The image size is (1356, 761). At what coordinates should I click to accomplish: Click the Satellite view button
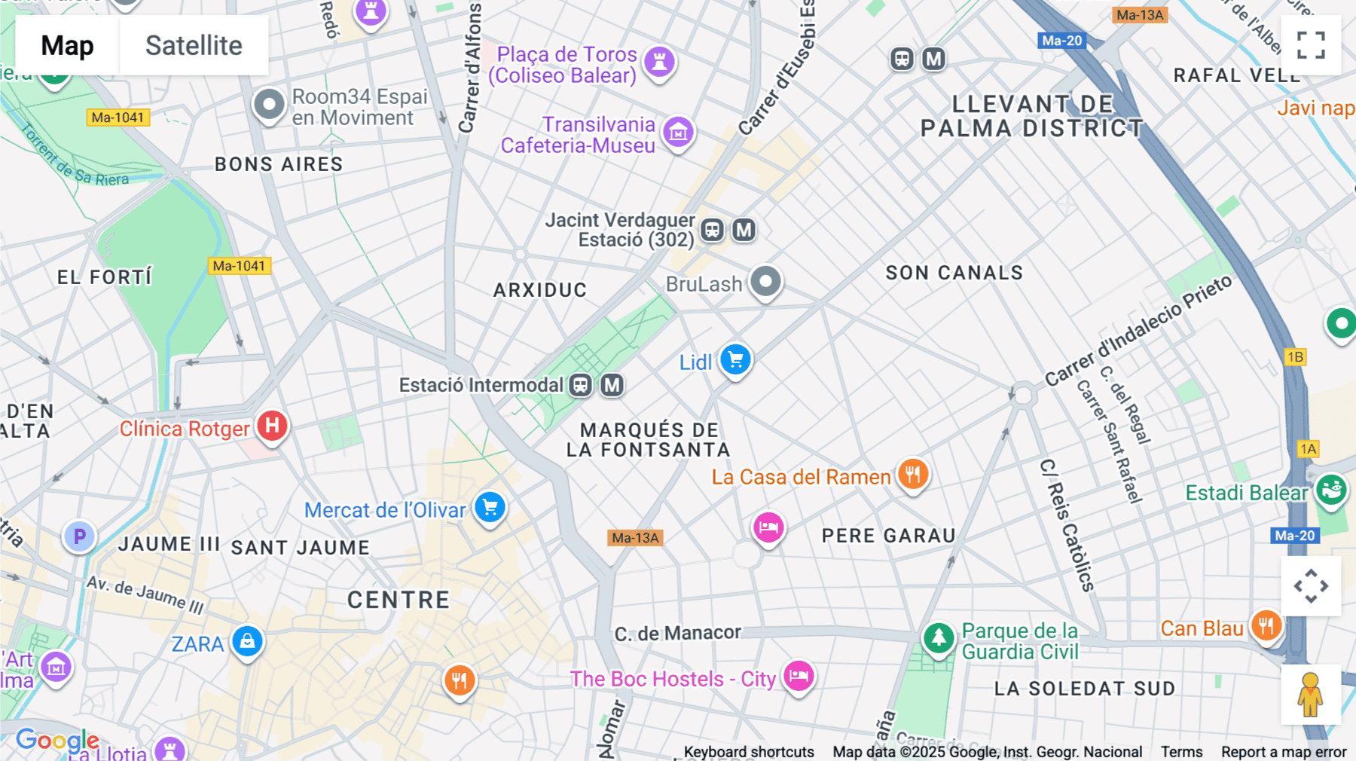pyautogui.click(x=194, y=46)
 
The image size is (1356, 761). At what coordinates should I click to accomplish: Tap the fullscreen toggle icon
pyautogui.click(x=1311, y=45)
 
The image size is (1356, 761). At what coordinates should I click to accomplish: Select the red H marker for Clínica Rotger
pyautogui.click(x=272, y=426)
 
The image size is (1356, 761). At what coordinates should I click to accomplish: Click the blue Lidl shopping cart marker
pyautogui.click(x=735, y=359)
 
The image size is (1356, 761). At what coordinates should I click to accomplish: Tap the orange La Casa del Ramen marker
pyautogui.click(x=913, y=475)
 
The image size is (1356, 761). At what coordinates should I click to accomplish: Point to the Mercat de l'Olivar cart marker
pyautogui.click(x=490, y=507)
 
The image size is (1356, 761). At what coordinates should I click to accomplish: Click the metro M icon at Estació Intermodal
pyautogui.click(x=612, y=385)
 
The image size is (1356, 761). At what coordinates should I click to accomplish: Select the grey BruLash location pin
pyautogui.click(x=765, y=282)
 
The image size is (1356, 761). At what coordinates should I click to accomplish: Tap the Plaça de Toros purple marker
pyautogui.click(x=659, y=62)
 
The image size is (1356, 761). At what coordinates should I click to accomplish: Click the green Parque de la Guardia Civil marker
pyautogui.click(x=939, y=637)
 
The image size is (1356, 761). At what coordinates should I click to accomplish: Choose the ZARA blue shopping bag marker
pyautogui.click(x=247, y=642)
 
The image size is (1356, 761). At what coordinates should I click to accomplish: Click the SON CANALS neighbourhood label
pyautogui.click(x=954, y=273)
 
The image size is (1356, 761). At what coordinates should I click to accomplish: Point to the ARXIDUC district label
pyautogui.click(x=539, y=290)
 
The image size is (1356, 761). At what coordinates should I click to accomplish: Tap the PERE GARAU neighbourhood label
pyautogui.click(x=888, y=536)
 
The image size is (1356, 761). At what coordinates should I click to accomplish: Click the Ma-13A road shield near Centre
pyautogui.click(x=635, y=538)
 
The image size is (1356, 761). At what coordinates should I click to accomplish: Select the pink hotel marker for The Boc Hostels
pyautogui.click(x=799, y=675)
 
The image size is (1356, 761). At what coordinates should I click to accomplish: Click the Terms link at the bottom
pyautogui.click(x=1180, y=752)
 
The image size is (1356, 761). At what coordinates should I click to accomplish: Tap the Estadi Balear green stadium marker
pyautogui.click(x=1331, y=490)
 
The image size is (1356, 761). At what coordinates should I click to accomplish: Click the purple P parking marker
pyautogui.click(x=79, y=536)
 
